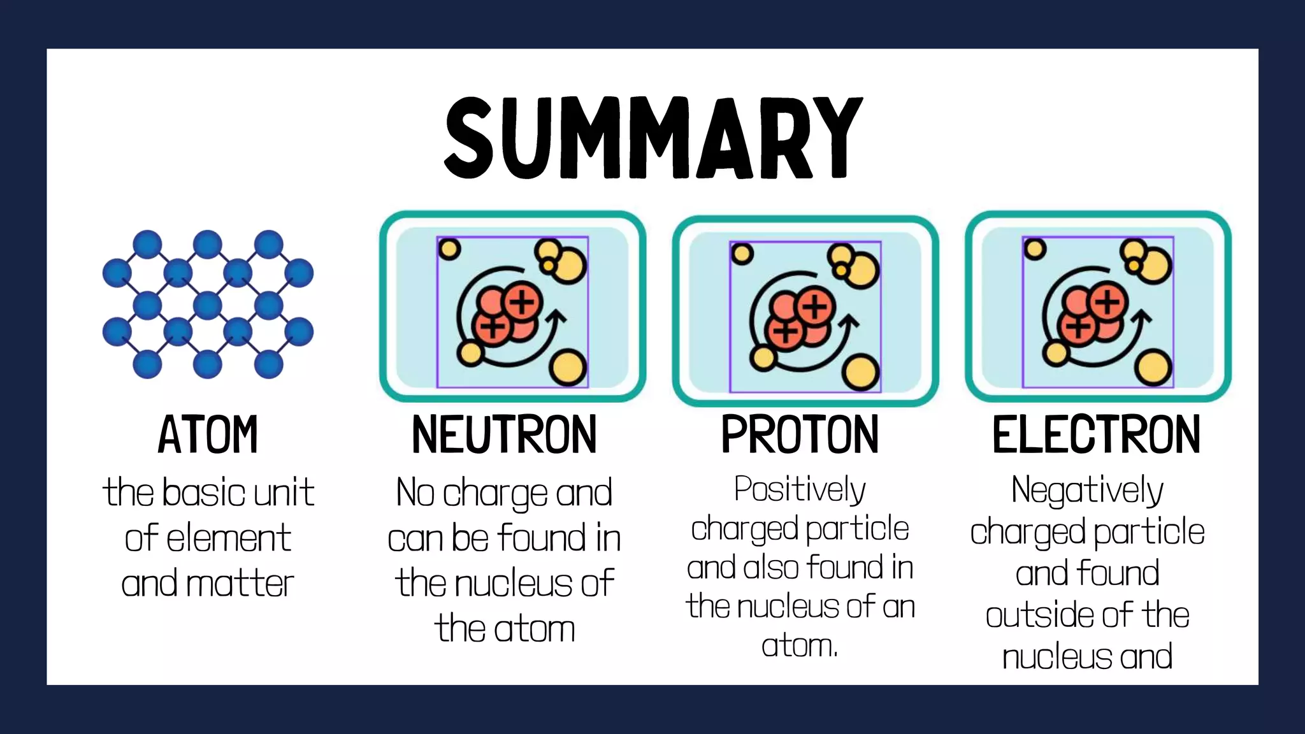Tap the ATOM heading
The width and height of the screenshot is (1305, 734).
(208, 435)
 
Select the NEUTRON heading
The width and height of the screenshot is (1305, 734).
(504, 435)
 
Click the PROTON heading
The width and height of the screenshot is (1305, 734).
(800, 435)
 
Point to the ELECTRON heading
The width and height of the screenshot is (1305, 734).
(1096, 435)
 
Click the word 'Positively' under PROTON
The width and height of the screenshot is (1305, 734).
(800, 490)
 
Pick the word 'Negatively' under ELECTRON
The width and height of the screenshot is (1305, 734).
(1087, 491)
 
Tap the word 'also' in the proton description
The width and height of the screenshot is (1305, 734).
(770, 568)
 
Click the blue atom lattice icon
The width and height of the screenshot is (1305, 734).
(208, 305)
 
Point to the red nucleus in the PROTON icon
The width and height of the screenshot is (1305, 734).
(800, 317)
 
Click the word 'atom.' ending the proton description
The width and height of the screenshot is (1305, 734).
(800, 646)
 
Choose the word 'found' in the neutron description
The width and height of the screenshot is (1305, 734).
(541, 538)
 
